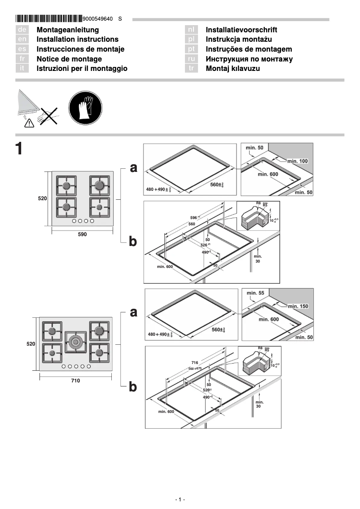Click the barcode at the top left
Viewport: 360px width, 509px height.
[x=48, y=18]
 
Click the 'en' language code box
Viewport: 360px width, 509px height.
[x=22, y=39]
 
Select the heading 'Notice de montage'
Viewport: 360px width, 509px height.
[x=69, y=59]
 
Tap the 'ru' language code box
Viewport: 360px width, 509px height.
[x=192, y=59]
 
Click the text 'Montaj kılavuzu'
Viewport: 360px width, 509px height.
[x=233, y=69]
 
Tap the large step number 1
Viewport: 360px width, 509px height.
[x=19, y=149]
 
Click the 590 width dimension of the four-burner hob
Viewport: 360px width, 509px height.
[x=82, y=234]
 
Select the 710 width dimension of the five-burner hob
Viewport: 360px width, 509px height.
[x=76, y=380]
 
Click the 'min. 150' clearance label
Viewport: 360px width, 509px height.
[x=299, y=306]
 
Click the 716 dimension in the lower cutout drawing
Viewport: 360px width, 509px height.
[x=194, y=362]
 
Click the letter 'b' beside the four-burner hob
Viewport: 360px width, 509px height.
[x=133, y=242]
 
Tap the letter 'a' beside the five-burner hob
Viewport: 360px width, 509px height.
[x=133, y=312]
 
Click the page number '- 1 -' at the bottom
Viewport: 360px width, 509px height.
[x=180, y=500]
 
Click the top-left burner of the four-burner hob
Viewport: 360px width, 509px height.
[x=66, y=185]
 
